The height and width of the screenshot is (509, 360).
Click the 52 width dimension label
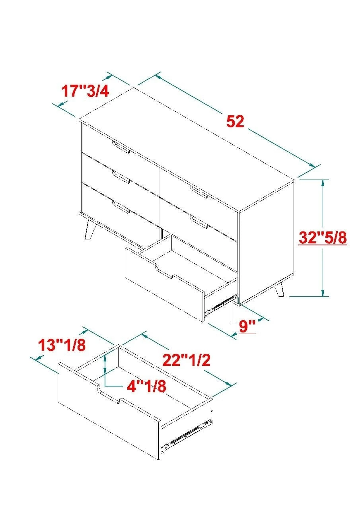coord(235,121)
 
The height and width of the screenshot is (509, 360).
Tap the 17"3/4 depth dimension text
coord(85,91)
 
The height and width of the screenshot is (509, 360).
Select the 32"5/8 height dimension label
coord(323,238)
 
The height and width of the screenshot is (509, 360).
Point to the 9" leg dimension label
coord(247,326)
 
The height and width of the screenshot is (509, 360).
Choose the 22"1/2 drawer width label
coord(187,360)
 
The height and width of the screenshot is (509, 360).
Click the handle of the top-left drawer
coord(121,147)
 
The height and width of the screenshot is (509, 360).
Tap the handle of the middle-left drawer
coord(121,177)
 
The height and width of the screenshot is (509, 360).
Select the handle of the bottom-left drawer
coord(121,207)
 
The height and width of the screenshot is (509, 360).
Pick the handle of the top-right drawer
coord(199,192)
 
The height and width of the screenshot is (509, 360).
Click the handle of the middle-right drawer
coord(199,222)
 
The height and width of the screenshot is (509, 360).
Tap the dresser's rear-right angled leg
coord(279,289)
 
